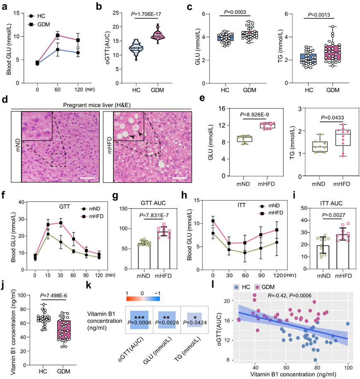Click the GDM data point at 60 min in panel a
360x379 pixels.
point(58,35)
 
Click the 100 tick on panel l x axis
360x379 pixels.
point(348,367)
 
